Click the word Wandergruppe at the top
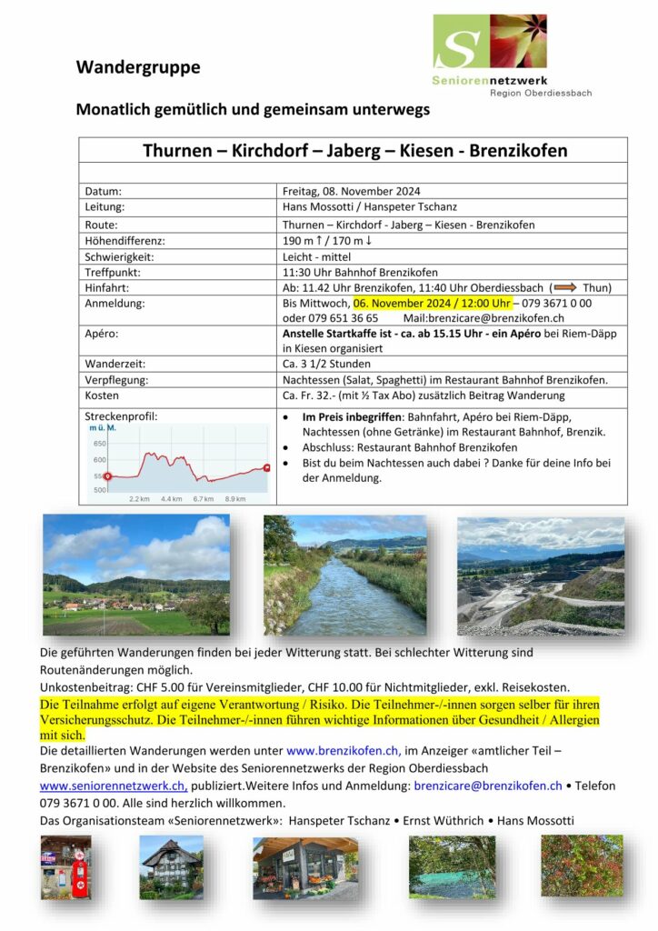(x=138, y=67)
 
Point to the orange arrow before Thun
(x=565, y=287)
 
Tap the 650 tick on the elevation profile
(x=99, y=443)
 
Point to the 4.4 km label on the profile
(x=172, y=498)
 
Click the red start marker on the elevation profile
(x=107, y=476)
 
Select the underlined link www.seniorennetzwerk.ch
(x=113, y=786)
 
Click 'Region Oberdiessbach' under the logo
(x=540, y=93)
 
